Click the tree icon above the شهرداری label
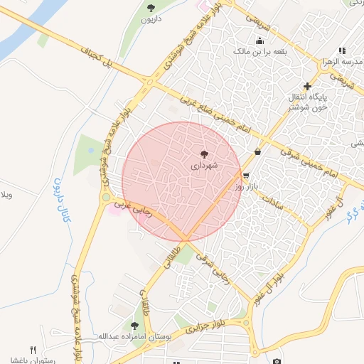[205, 154]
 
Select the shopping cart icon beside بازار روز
[246, 176]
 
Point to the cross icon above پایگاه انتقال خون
[307, 86]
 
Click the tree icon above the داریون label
[151, 8]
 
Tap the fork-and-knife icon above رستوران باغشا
[33, 350]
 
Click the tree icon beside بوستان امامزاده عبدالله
[134, 326]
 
